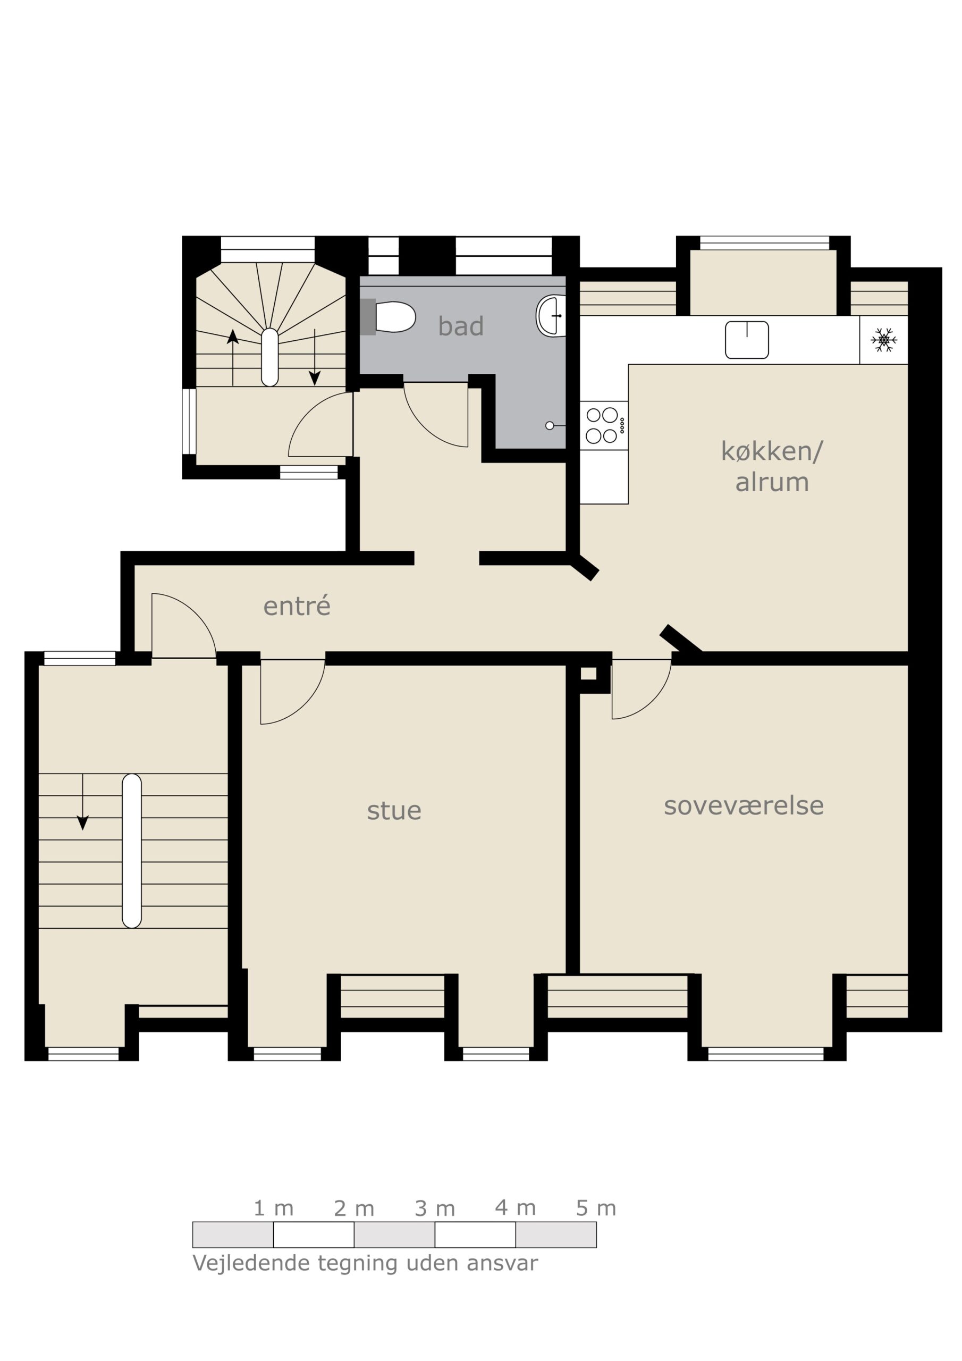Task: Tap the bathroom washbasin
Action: pos(551,316)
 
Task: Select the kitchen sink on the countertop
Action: pos(747,340)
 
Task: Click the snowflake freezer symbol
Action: pos(883,340)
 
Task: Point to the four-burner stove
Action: pos(603,426)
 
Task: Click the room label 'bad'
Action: pos(461,326)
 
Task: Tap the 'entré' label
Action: pos(297,606)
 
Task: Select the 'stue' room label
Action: pos(394,811)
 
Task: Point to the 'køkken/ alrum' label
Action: pos(772,466)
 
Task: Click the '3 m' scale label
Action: pos(434,1208)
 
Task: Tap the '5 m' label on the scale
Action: pos(596,1208)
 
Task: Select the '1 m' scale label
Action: pos(273,1208)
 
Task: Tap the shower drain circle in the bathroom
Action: pos(550,426)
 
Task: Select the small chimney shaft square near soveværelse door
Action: pos(588,674)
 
